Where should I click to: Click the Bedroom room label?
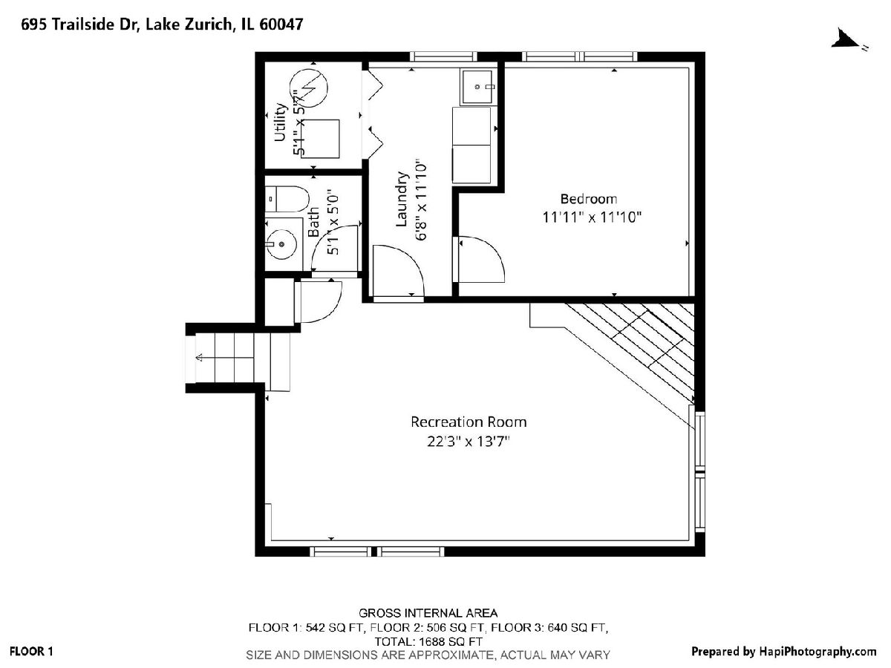[x=589, y=199]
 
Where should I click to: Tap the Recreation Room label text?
[x=469, y=422]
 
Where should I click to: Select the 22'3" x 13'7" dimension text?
[x=468, y=441]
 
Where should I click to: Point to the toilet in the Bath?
[x=287, y=199]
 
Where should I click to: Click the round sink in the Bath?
[x=281, y=244]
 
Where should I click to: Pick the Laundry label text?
[x=401, y=199]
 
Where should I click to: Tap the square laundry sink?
[x=477, y=86]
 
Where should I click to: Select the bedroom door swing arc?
[x=489, y=251]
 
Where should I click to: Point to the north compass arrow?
[x=845, y=40]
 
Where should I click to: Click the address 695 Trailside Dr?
[x=79, y=24]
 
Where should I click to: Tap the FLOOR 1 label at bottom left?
[x=31, y=652]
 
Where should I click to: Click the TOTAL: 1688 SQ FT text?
[x=428, y=641]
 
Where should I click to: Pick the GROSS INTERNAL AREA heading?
[x=428, y=613]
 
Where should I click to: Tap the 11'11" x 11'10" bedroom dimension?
[x=592, y=217]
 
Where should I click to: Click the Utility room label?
[x=280, y=122]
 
